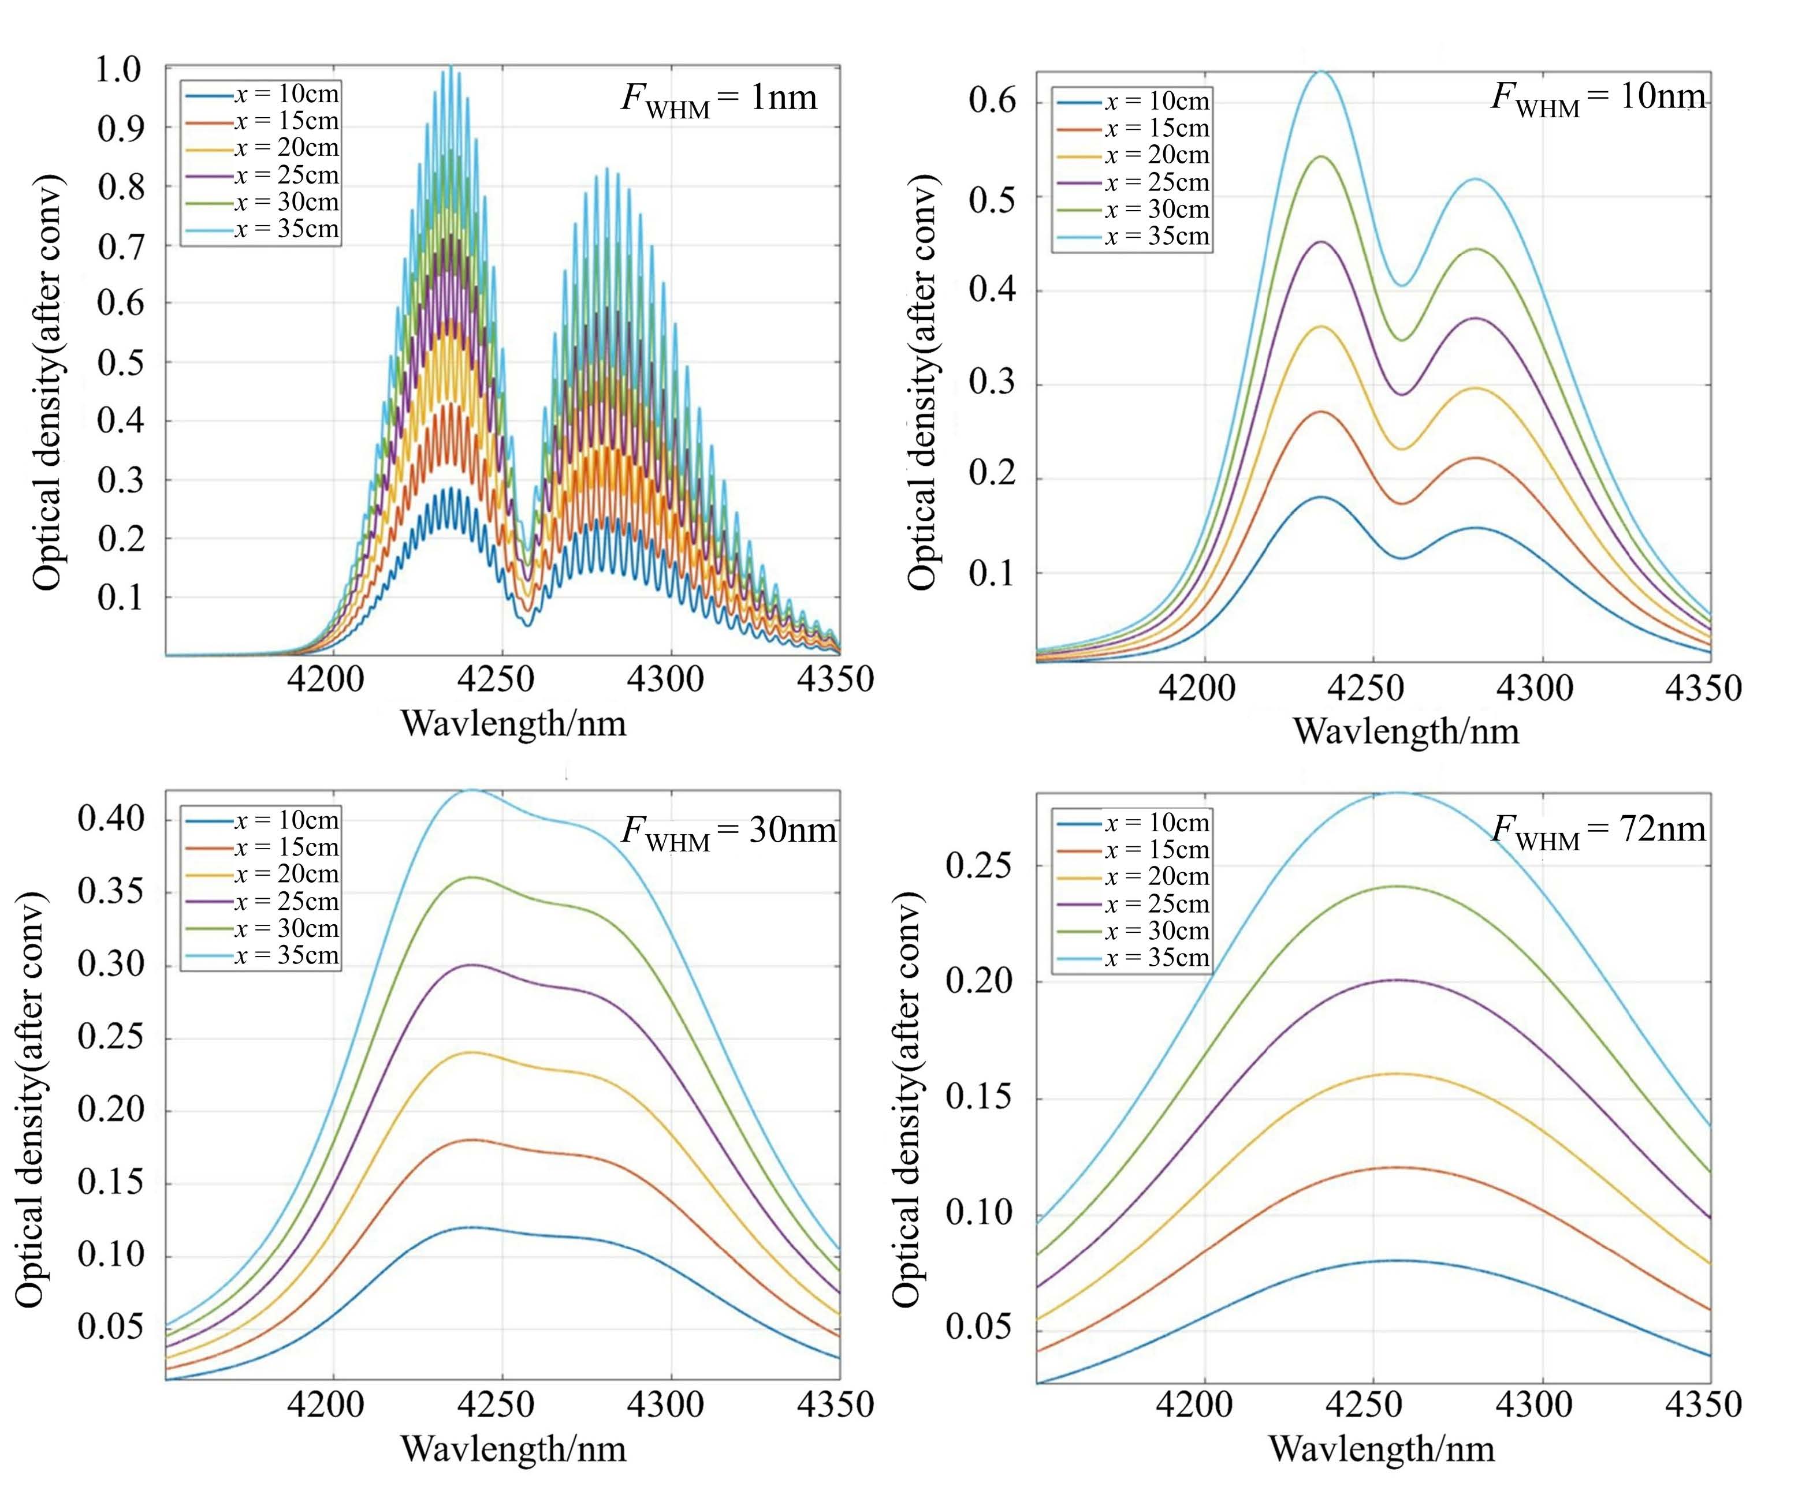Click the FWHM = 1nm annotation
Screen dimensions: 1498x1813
(x=719, y=98)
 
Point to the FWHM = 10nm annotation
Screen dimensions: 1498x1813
(x=1598, y=96)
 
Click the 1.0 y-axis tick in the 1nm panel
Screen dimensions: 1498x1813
(x=118, y=70)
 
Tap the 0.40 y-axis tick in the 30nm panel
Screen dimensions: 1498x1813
(x=110, y=817)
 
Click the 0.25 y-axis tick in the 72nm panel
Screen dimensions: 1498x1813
(x=978, y=865)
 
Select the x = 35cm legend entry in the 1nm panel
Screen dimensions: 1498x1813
(x=286, y=230)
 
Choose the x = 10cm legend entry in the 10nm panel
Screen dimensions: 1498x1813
(x=1157, y=102)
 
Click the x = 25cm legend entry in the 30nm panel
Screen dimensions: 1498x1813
(x=286, y=902)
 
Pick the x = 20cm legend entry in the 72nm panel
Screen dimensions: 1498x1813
(x=1157, y=877)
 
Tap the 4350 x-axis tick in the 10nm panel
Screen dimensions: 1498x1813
(x=1703, y=689)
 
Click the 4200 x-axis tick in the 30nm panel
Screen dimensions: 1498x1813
(x=326, y=1406)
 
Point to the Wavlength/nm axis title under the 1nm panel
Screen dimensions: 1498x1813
(x=513, y=723)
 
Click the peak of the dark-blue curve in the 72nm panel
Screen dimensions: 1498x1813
(x=1396, y=1261)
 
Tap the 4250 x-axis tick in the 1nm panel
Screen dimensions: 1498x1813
(x=496, y=680)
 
